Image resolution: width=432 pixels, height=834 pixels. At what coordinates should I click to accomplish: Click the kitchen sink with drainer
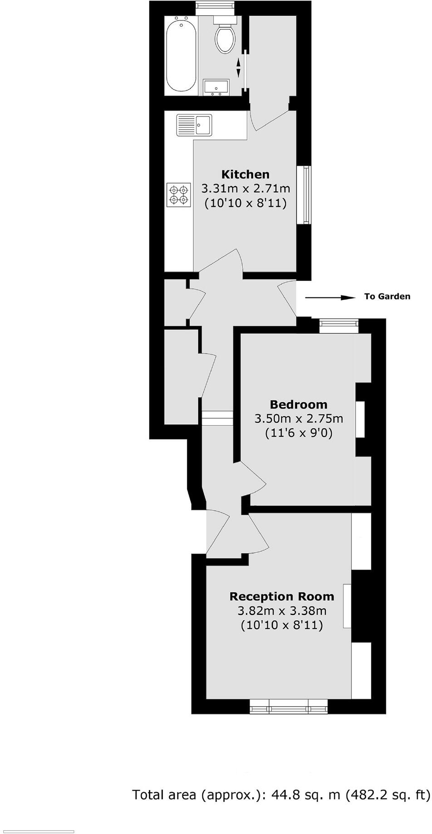tap(194, 125)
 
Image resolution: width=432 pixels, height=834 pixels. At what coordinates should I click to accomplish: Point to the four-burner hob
tap(178, 194)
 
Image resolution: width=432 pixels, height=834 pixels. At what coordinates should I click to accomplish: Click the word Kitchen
tap(245, 174)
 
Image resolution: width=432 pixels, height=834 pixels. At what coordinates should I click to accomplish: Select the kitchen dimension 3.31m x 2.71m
tap(245, 188)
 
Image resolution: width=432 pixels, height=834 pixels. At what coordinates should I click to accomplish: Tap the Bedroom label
tap(298, 404)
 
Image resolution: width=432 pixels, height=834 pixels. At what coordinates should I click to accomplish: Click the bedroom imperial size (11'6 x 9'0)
tap(298, 433)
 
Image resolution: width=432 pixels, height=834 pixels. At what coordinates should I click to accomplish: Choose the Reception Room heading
tap(281, 596)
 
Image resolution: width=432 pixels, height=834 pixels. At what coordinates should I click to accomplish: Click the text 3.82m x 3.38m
tap(281, 611)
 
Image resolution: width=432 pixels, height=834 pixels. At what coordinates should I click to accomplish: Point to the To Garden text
tap(387, 296)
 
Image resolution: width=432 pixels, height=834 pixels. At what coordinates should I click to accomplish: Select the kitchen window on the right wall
tap(305, 195)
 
